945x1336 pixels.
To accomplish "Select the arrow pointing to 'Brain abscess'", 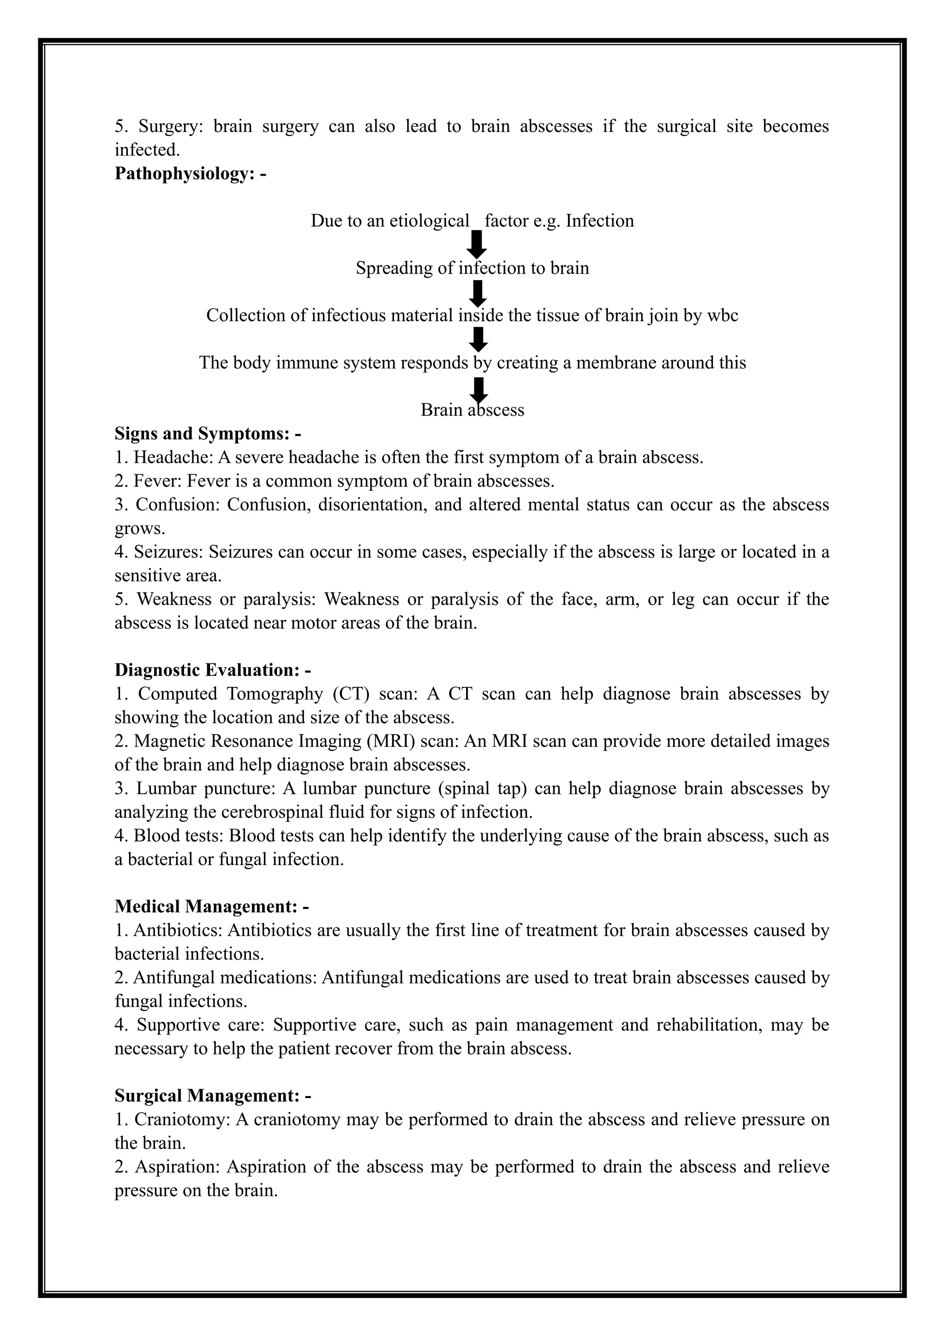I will click(x=478, y=389).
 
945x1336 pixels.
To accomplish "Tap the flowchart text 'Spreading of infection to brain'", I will click(x=472, y=268).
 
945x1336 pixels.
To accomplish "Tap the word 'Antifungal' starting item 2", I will click(x=163, y=978).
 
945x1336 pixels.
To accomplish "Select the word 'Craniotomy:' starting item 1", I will click(x=182, y=1120).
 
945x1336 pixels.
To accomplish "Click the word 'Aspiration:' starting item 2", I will click(x=178, y=1167).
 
